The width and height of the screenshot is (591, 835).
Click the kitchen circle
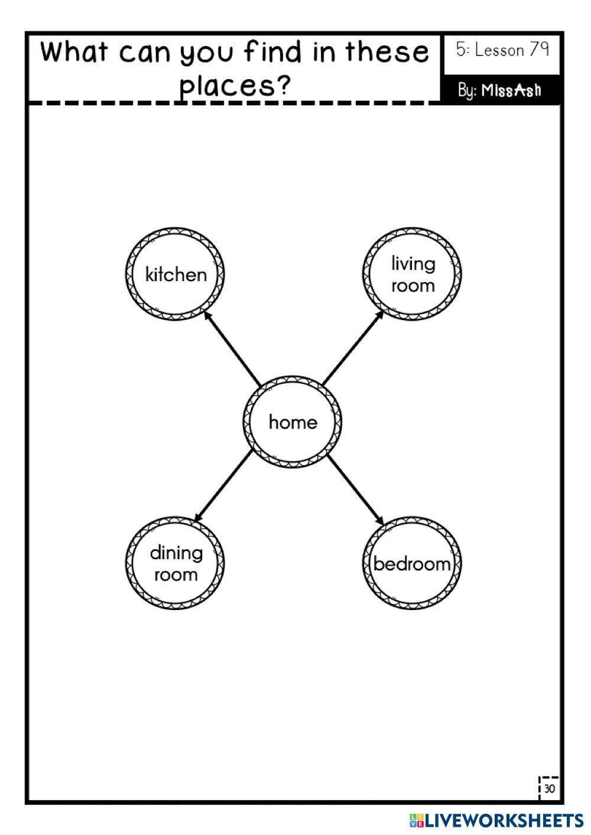click(x=176, y=274)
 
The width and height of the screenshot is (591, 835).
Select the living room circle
click(x=412, y=274)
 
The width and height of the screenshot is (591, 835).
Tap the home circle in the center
click(x=293, y=422)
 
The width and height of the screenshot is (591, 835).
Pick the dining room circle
click(x=176, y=563)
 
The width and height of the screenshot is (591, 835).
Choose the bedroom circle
click(x=412, y=563)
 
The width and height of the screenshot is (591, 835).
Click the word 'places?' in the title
click(x=236, y=86)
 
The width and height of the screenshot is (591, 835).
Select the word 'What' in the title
click(x=74, y=52)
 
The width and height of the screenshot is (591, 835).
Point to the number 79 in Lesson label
click(x=539, y=50)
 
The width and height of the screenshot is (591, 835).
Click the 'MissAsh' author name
click(x=511, y=90)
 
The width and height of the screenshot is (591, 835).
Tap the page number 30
click(x=550, y=789)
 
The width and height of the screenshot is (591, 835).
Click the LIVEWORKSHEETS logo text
click(x=504, y=820)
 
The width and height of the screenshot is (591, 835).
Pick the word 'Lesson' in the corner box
click(x=499, y=50)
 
